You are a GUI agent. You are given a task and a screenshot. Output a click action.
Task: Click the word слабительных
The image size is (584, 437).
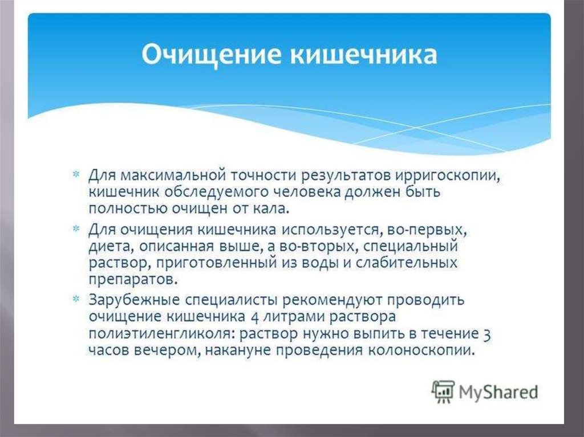point(406,263)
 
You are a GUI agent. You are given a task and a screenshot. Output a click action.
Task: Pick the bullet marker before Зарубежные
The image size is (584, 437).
point(76,299)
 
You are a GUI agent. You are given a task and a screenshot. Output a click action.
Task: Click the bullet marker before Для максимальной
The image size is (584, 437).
point(76,174)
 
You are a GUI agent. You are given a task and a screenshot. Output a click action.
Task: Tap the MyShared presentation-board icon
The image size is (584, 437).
point(443,391)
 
